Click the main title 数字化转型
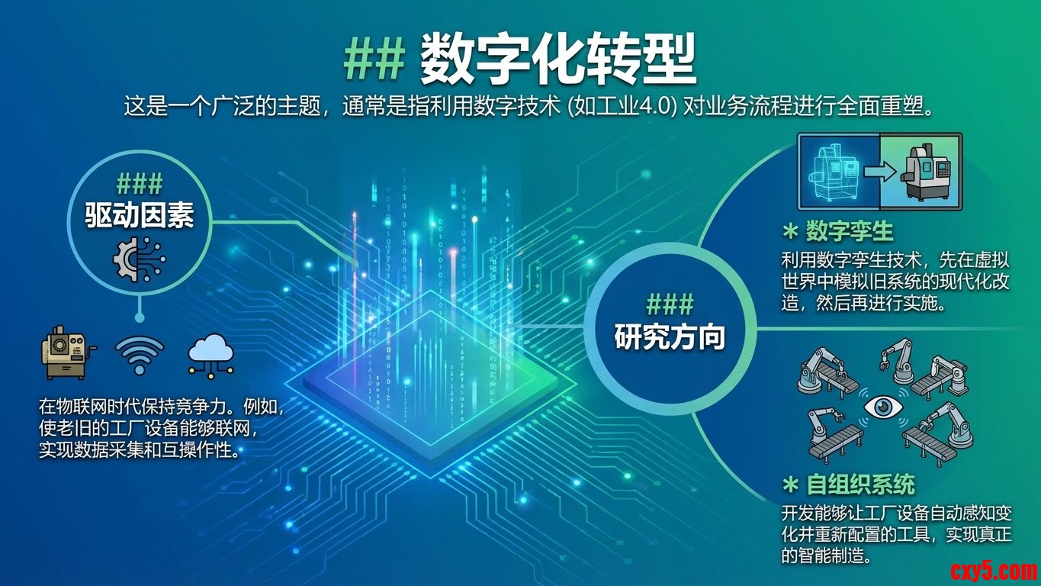point(557,59)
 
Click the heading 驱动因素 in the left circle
point(140,216)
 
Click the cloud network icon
point(210,356)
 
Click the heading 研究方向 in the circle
point(670,337)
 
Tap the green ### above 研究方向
point(670,304)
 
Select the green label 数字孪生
point(849,232)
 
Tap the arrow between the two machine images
point(880,172)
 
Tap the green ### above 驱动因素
point(140,184)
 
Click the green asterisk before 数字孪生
point(790,232)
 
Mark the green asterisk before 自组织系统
point(790,485)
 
